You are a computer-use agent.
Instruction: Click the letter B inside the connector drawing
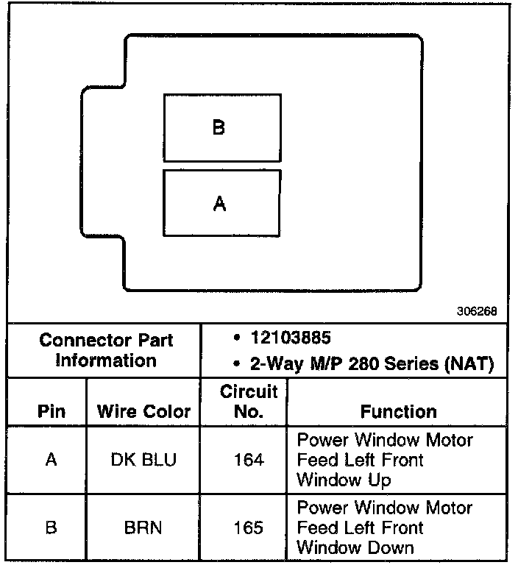click(219, 128)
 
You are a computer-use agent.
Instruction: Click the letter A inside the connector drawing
click(219, 205)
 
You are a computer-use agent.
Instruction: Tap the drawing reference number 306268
click(478, 311)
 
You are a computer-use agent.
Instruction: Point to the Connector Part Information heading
click(106, 350)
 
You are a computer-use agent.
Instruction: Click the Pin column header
click(51, 412)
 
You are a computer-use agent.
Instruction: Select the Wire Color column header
click(144, 412)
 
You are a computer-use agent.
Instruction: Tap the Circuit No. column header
click(249, 401)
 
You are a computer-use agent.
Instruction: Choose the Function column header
click(398, 412)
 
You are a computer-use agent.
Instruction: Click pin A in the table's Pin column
click(51, 460)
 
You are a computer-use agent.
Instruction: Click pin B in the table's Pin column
click(51, 527)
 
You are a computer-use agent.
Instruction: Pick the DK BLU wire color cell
click(144, 460)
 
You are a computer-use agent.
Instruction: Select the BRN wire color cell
click(144, 527)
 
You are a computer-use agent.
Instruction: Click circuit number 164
click(249, 460)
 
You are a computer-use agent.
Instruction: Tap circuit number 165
click(249, 527)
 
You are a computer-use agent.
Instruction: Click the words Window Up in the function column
click(344, 480)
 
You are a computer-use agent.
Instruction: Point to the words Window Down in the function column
click(355, 547)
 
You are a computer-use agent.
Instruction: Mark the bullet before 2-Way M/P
click(234, 365)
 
